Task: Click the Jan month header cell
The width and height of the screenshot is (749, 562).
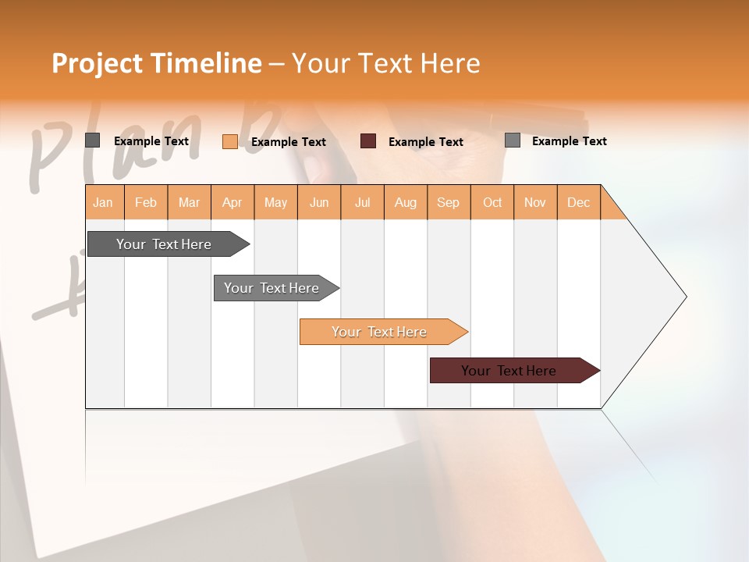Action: click(104, 202)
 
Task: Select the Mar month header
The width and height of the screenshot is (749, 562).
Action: click(189, 202)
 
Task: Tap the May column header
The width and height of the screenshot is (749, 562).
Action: click(275, 202)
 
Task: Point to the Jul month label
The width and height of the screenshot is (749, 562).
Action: click(362, 202)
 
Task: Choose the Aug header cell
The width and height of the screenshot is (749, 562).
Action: click(405, 202)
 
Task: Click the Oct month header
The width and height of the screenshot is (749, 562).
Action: click(492, 202)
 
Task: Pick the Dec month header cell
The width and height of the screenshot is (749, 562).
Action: click(578, 202)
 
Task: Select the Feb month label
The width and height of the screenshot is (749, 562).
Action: click(146, 202)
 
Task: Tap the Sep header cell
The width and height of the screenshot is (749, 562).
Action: click(448, 202)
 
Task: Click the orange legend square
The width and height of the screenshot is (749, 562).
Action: click(230, 141)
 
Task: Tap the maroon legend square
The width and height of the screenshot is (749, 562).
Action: click(368, 141)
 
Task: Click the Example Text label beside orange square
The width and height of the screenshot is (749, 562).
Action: click(288, 142)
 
